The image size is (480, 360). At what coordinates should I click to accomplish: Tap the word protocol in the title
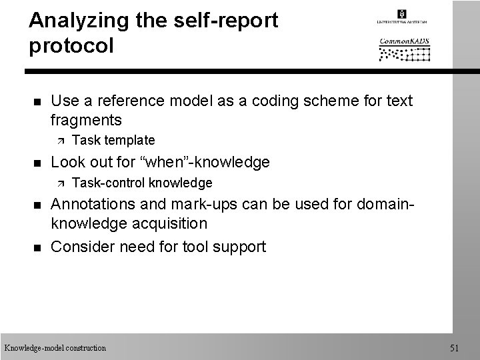pyautogui.click(x=72, y=46)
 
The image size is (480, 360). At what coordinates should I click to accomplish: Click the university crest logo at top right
pyautogui.click(x=402, y=15)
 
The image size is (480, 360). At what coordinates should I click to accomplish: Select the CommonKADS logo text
pyautogui.click(x=405, y=41)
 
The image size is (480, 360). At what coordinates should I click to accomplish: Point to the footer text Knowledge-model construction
pyautogui.click(x=55, y=347)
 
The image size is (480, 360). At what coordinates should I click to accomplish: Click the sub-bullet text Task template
pyautogui.click(x=113, y=140)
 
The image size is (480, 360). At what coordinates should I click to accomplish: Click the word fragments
pyautogui.click(x=86, y=120)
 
